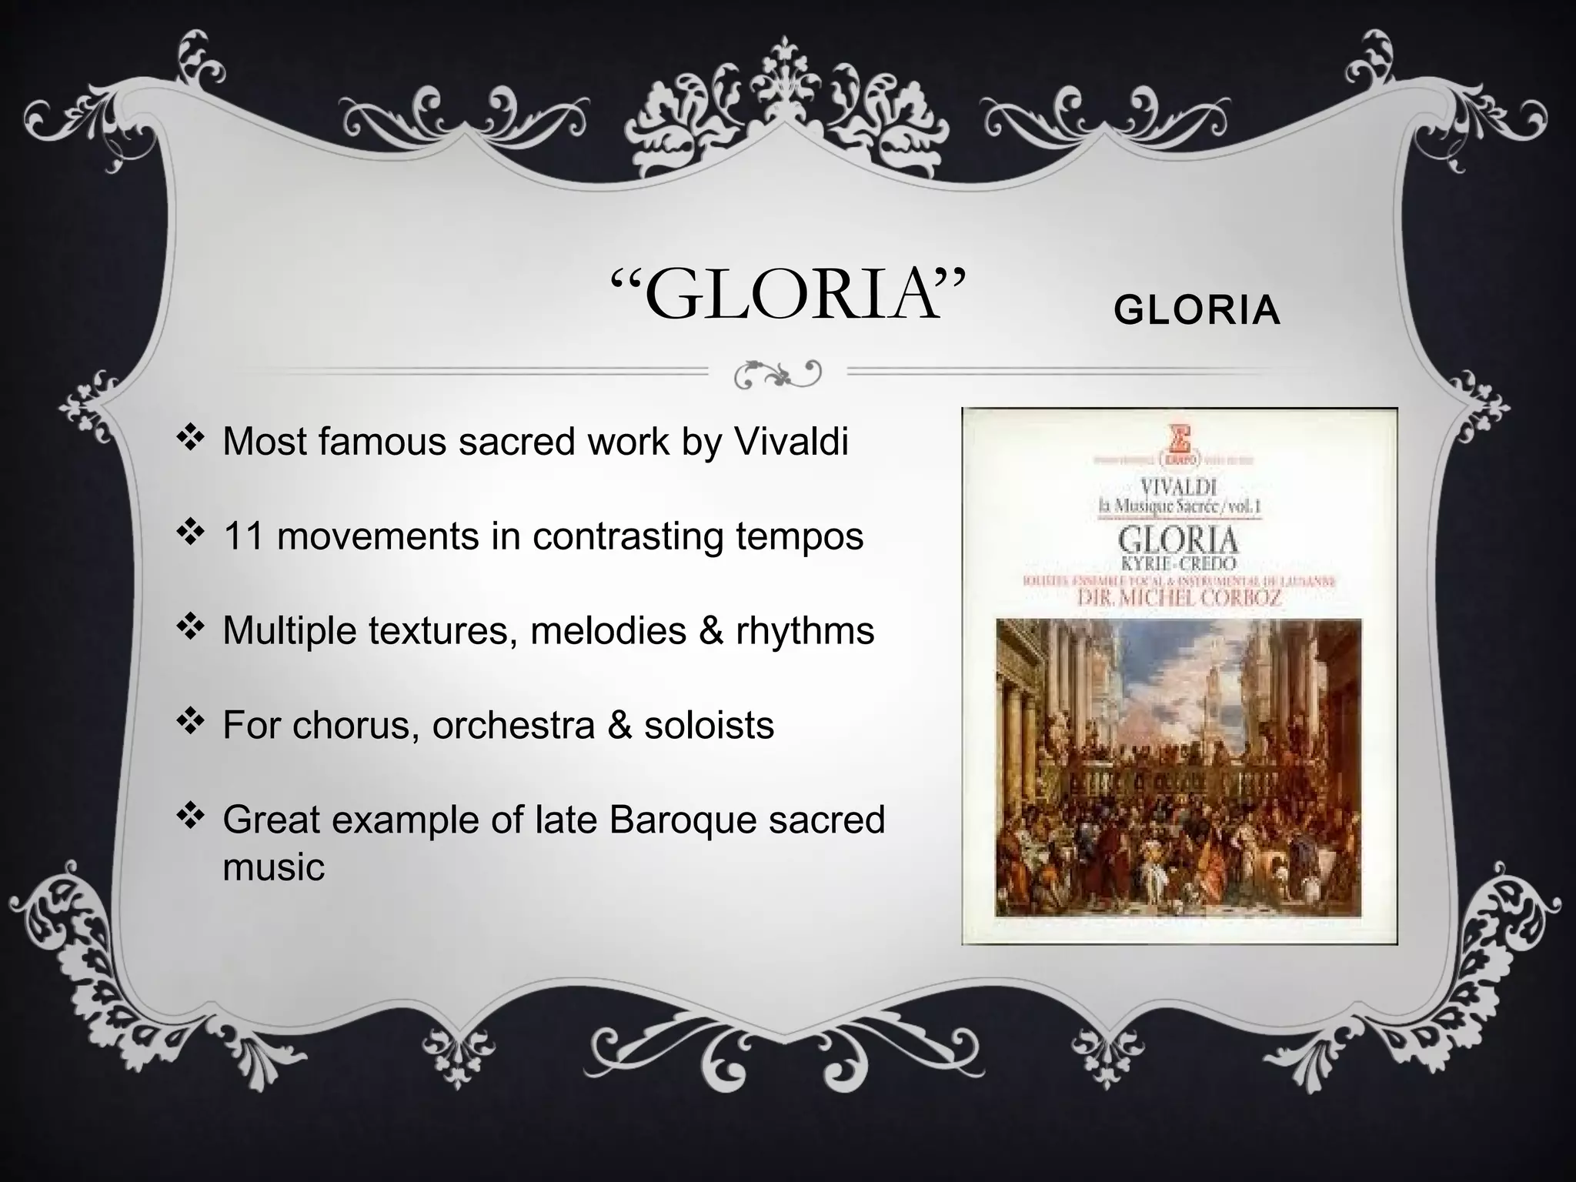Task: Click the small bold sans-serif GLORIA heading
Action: (x=1197, y=312)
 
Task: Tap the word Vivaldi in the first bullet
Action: (x=790, y=442)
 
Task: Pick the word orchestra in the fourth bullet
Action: (x=513, y=726)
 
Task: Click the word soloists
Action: (x=709, y=726)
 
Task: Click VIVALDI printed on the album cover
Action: (x=1178, y=487)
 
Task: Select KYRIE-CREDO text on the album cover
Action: (x=1178, y=564)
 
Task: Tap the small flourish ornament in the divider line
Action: (x=778, y=374)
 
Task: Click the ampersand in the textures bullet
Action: (x=710, y=631)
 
